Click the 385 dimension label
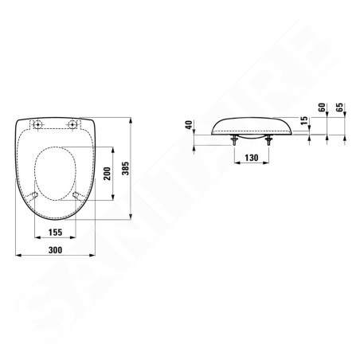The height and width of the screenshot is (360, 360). (125, 168)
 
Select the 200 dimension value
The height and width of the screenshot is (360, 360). (108, 174)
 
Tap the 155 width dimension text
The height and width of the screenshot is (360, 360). (55, 233)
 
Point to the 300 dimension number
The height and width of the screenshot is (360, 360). (55, 250)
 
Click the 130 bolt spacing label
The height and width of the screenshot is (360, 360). (252, 158)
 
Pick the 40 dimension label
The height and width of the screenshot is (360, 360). (189, 125)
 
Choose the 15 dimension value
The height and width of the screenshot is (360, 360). (305, 120)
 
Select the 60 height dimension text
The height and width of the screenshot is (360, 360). (322, 108)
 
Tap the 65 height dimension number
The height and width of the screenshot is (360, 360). (339, 108)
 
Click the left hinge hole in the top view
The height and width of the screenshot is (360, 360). (38, 124)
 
